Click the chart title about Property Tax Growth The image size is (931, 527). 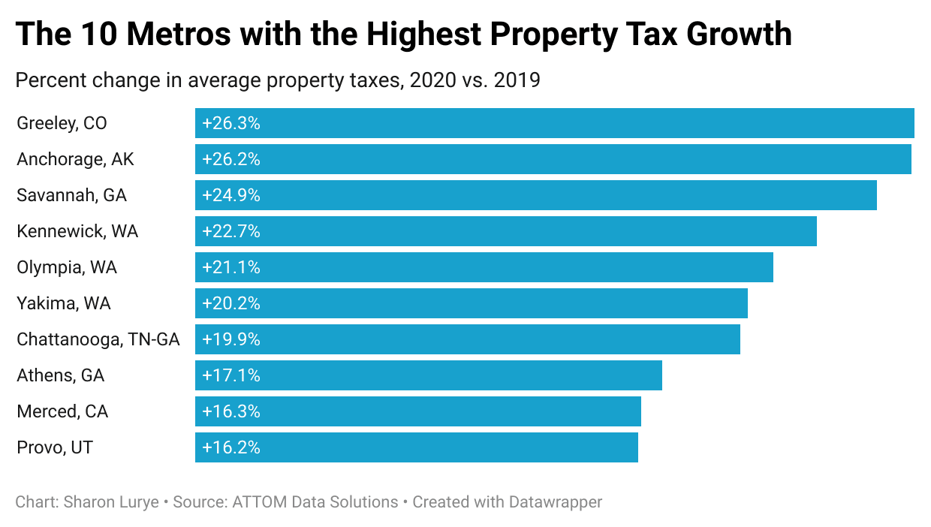pyautogui.click(x=403, y=35)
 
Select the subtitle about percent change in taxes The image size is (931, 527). pyautogui.click(x=278, y=80)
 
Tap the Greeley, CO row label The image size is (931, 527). pyautogui.click(x=62, y=123)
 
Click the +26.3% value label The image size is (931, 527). pyautogui.click(x=231, y=123)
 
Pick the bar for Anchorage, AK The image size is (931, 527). pyautogui.click(x=553, y=159)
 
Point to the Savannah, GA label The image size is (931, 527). pyautogui.click(x=71, y=195)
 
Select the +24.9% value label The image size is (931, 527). pyautogui.click(x=231, y=195)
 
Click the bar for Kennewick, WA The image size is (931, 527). pyautogui.click(x=505, y=231)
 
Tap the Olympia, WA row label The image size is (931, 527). pyautogui.click(x=67, y=267)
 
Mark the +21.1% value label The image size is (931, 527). pyautogui.click(x=231, y=267)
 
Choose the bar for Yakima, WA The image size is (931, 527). pyautogui.click(x=471, y=303)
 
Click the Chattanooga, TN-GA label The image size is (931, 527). pyautogui.click(x=98, y=339)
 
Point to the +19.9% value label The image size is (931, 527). pyautogui.click(x=231, y=339)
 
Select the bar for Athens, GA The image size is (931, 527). pyautogui.click(x=428, y=375)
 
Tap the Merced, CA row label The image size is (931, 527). pyautogui.click(x=62, y=411)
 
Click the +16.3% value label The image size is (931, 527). pyautogui.click(x=231, y=411)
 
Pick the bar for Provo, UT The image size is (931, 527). pyautogui.click(x=416, y=447)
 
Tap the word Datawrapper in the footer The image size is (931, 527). pyautogui.click(x=555, y=502)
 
